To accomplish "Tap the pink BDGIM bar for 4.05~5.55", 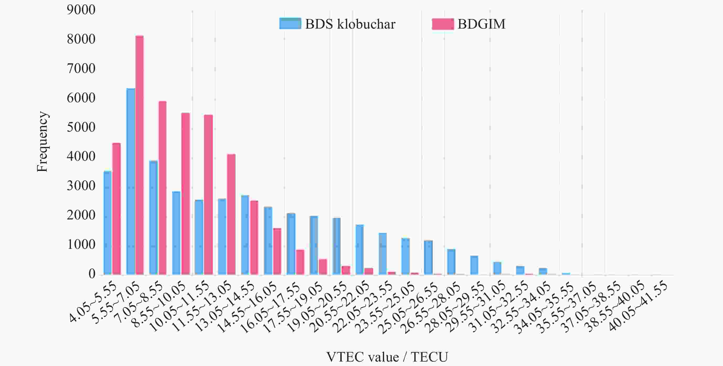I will tap(116, 209).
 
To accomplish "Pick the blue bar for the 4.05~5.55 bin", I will tap(108, 223).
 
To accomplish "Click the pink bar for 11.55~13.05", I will tap(231, 214).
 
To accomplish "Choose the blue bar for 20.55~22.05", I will tap(360, 249).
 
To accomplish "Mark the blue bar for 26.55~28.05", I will tap(451, 261).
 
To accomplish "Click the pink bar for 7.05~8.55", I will tap(162, 188).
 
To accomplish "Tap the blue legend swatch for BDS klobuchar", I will tap(290, 24).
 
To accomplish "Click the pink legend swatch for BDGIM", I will tap(443, 24).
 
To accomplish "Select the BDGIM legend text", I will tap(481, 24).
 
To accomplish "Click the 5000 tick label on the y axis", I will tap(81, 127).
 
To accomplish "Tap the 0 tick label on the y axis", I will tap(92, 274).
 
